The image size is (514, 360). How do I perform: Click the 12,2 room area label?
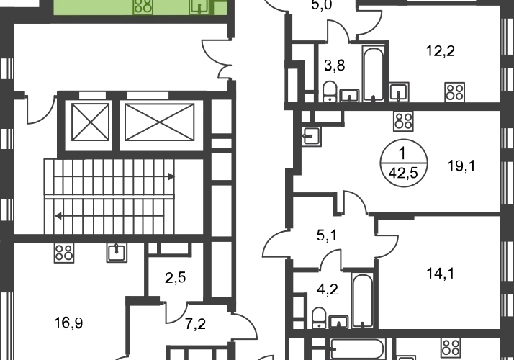(x=441, y=51)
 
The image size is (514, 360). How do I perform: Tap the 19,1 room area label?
(x=461, y=166)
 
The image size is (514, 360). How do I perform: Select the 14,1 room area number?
(x=441, y=274)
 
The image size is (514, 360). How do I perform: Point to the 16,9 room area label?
(x=68, y=323)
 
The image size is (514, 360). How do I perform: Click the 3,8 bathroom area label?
(x=335, y=66)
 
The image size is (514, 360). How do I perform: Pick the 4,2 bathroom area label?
(x=328, y=289)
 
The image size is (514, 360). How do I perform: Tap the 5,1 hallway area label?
(x=327, y=235)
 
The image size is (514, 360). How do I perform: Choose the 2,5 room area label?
(x=176, y=278)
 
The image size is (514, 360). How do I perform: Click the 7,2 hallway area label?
(x=195, y=324)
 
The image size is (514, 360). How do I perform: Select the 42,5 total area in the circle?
(x=403, y=173)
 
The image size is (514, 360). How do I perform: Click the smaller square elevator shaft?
(x=90, y=122)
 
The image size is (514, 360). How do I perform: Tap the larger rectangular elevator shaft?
(x=160, y=122)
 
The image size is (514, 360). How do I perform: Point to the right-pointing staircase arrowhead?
(x=171, y=176)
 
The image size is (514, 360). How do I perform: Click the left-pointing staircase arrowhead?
(x=58, y=216)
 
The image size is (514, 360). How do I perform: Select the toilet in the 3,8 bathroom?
(x=330, y=91)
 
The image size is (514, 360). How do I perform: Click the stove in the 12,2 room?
(x=455, y=92)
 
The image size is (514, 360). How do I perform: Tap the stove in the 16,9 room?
(x=64, y=253)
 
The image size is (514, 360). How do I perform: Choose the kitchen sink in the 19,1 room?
(x=312, y=137)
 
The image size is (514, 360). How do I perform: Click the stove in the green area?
(x=143, y=6)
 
